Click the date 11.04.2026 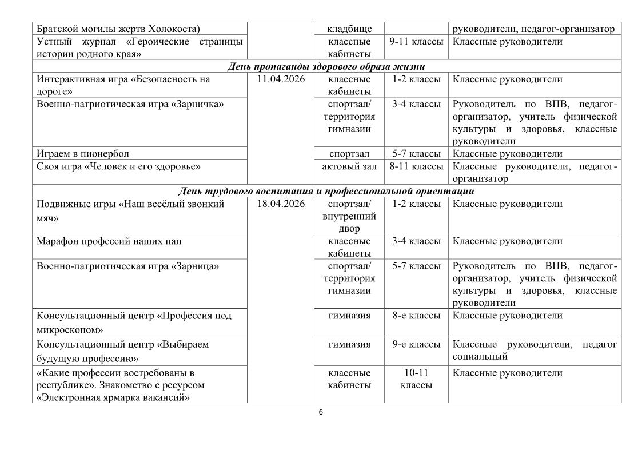pyautogui.click(x=280, y=79)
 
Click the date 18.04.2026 pyautogui.click(x=280, y=204)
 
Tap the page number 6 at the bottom pyautogui.click(x=321, y=413)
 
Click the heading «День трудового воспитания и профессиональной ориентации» pyautogui.click(x=326, y=191)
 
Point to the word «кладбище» pyautogui.click(x=349, y=29)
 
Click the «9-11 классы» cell pyautogui.click(x=416, y=42)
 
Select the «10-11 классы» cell pyautogui.click(x=416, y=379)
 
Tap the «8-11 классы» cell pyautogui.click(x=416, y=166)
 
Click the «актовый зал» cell pyautogui.click(x=349, y=166)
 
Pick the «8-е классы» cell pyautogui.click(x=416, y=316)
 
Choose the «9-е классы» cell pyautogui.click(x=416, y=344)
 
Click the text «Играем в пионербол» pyautogui.click(x=83, y=154)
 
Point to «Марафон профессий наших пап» pyautogui.click(x=109, y=241)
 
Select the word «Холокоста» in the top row pyautogui.click(x=174, y=29)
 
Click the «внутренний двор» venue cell pyautogui.click(x=349, y=222)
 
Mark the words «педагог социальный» pyautogui.click(x=535, y=351)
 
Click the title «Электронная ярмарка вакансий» pyautogui.click(x=113, y=397)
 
